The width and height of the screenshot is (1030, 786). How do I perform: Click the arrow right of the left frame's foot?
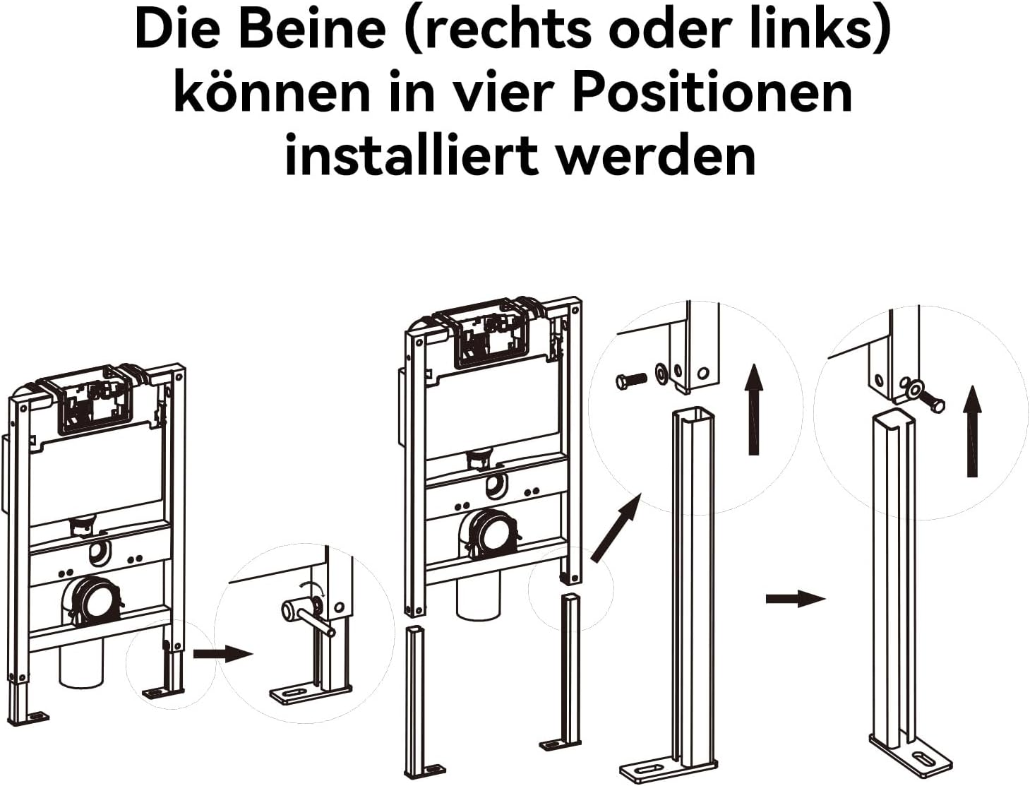click(x=223, y=654)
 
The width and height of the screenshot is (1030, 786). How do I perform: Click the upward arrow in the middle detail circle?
click(x=753, y=409)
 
